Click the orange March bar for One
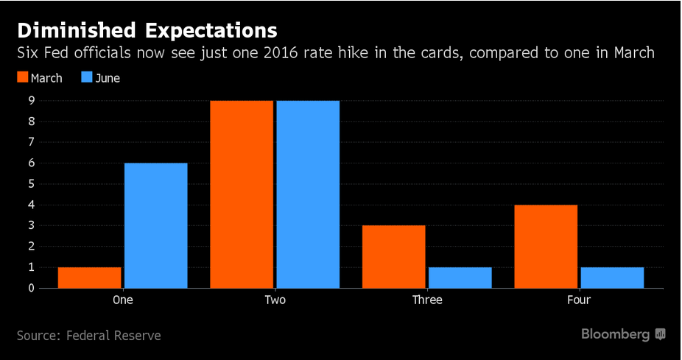(x=89, y=278)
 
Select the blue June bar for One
(x=156, y=225)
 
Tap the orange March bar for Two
(x=241, y=194)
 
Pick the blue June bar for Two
(x=308, y=194)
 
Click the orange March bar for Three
(x=393, y=256)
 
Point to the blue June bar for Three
(x=460, y=278)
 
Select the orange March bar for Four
(x=546, y=246)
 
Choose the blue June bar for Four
(x=613, y=278)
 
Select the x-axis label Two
(x=275, y=300)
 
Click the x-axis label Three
(x=427, y=300)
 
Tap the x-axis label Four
(x=579, y=300)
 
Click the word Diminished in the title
(x=75, y=30)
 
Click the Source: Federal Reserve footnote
(x=88, y=335)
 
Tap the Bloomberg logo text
(x=616, y=334)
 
